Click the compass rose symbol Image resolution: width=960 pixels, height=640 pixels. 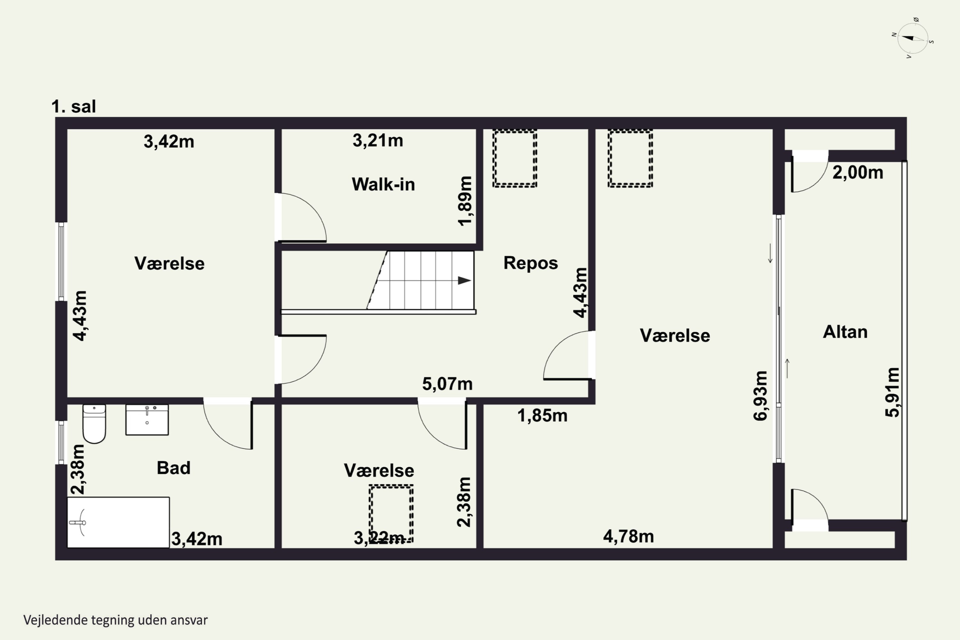point(913,38)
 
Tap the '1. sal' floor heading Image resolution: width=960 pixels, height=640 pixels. point(74,107)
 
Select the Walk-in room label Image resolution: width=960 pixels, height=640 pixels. point(383,185)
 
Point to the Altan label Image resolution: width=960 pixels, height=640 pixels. point(845,332)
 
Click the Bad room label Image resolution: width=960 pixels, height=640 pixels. point(173,468)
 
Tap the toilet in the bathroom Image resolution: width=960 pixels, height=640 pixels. point(94,424)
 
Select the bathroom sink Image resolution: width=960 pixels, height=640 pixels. point(147,420)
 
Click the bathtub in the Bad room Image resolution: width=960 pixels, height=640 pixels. point(118,522)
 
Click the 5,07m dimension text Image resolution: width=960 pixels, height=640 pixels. point(447,384)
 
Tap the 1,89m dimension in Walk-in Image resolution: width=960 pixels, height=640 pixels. point(465,201)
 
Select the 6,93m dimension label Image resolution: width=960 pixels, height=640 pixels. point(760,396)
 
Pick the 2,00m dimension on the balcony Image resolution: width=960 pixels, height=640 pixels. point(858,173)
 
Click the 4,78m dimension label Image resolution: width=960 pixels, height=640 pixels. point(628,536)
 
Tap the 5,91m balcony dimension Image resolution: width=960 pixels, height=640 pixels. point(893,392)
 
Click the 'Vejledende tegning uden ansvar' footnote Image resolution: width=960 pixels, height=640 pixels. point(116,620)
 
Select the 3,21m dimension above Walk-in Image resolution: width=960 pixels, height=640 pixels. point(378,140)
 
